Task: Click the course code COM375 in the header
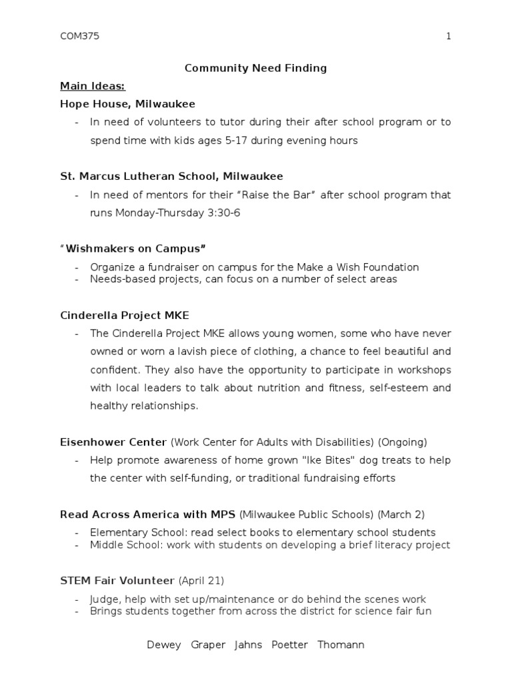(x=79, y=37)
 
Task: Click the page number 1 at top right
(x=449, y=37)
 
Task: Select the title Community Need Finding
(x=255, y=68)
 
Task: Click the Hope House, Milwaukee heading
(x=127, y=104)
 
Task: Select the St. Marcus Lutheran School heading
(x=171, y=176)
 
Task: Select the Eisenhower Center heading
(x=113, y=442)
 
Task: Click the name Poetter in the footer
(x=290, y=645)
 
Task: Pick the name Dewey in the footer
(x=164, y=645)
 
